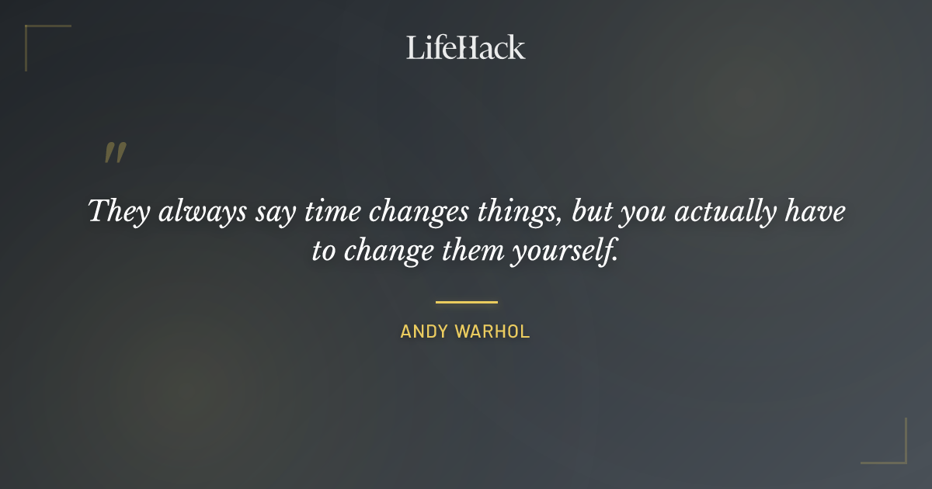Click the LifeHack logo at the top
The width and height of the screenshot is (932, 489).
point(466,47)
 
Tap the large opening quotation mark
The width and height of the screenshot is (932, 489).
point(115,153)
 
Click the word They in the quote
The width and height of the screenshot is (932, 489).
point(116,212)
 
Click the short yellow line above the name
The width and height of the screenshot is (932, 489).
point(466,302)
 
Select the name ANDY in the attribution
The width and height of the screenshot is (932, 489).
point(424,331)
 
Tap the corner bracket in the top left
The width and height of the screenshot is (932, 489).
point(31,32)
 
